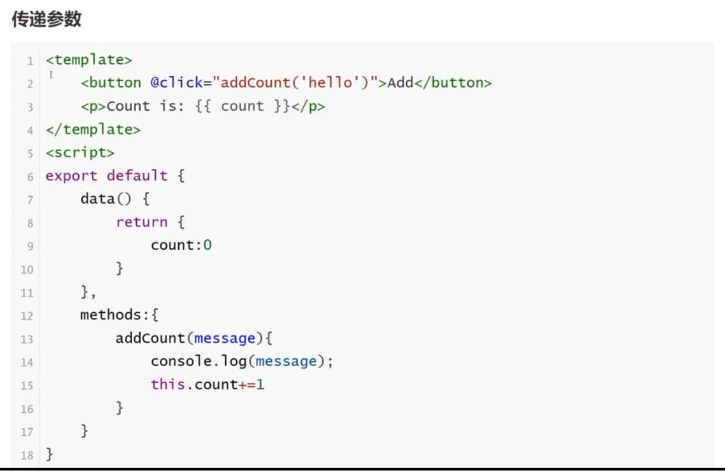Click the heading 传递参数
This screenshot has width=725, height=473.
(47, 19)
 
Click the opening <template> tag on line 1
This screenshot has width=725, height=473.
(89, 60)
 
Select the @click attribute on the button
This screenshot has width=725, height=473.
(176, 83)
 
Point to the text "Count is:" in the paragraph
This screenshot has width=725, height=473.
(142, 106)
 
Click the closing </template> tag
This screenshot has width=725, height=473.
(93, 129)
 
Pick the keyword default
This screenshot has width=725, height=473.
(137, 176)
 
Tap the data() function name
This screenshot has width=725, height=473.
(98, 199)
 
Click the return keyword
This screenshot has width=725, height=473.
(142, 222)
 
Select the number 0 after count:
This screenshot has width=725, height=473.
(207, 245)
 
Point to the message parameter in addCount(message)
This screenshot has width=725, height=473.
(225, 338)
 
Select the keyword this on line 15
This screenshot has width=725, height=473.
(168, 385)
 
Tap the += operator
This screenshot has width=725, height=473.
(247, 385)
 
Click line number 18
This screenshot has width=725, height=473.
(27, 456)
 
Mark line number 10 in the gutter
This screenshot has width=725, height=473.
(27, 269)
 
